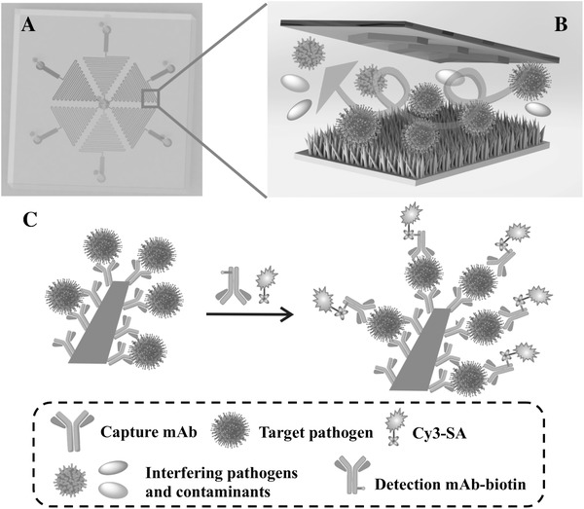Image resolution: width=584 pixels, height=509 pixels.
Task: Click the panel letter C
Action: tap(29, 222)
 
